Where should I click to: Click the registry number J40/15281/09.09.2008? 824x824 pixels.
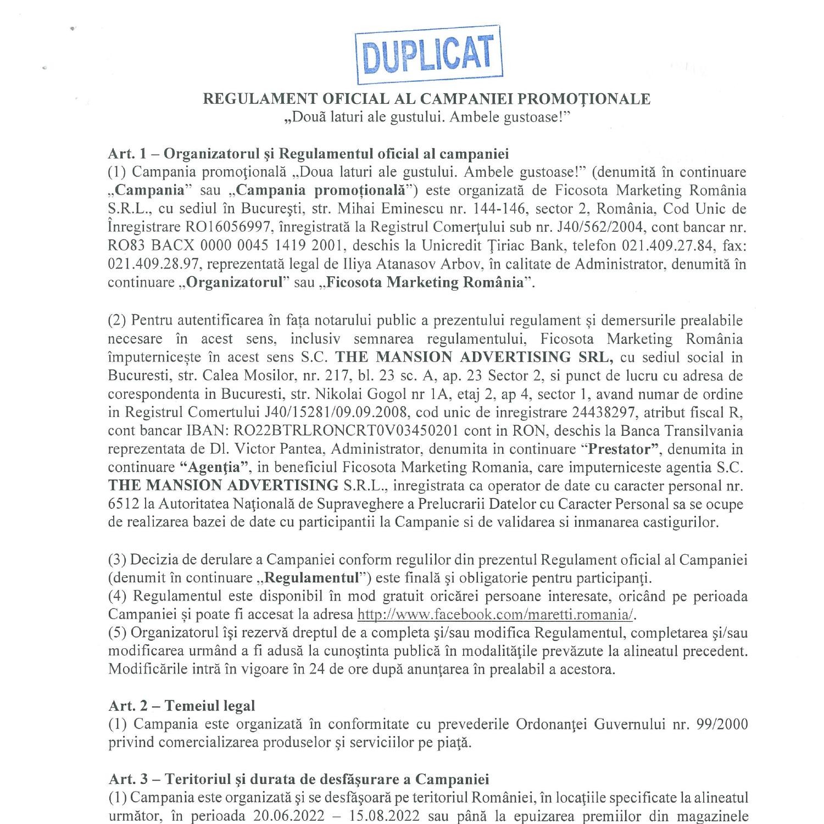(x=281, y=413)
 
